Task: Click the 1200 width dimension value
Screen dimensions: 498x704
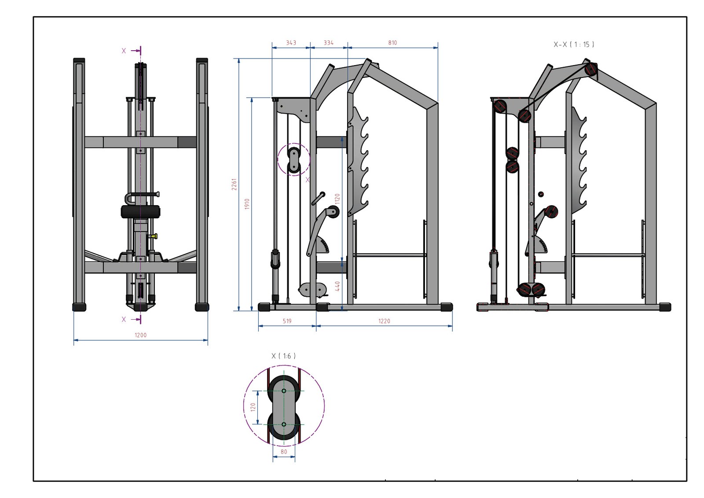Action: coord(140,335)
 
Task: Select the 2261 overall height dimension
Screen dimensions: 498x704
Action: coord(235,184)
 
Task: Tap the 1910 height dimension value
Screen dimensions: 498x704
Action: coord(247,204)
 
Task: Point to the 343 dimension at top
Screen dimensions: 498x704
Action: coord(291,43)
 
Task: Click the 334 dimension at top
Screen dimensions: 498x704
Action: coord(328,43)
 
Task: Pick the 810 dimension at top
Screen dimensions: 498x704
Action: coord(392,43)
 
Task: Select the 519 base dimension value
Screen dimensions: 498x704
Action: coord(287,321)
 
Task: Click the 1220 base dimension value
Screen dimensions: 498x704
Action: coord(384,321)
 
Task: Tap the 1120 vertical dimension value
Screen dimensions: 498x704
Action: coord(337,200)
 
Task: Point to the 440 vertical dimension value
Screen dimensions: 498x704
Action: coord(337,286)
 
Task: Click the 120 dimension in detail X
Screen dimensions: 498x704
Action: coord(253,407)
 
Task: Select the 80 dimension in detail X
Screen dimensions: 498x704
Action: coord(284,452)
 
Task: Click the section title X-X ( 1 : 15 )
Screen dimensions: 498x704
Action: coord(574,44)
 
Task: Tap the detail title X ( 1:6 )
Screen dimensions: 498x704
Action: coord(284,356)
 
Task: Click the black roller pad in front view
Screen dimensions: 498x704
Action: coord(140,212)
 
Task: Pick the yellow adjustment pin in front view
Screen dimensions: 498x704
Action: coord(153,236)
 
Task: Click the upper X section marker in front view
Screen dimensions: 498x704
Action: coord(124,51)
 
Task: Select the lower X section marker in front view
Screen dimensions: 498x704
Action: coord(124,319)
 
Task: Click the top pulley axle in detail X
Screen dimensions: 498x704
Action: coord(284,391)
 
